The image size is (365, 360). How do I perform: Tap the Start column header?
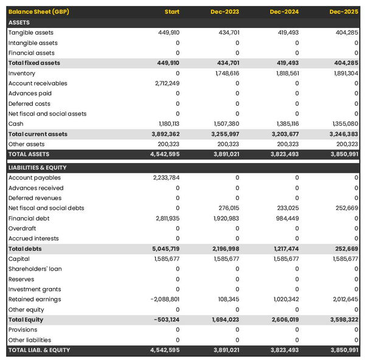172,12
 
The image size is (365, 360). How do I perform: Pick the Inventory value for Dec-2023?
227,73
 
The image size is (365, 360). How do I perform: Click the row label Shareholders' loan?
36,269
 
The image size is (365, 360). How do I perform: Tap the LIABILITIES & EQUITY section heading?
38,167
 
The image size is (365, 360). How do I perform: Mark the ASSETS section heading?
19,22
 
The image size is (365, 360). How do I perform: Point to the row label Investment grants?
34,289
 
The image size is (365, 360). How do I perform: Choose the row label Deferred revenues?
35,198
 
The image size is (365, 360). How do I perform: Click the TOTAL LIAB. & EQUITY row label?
39,350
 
